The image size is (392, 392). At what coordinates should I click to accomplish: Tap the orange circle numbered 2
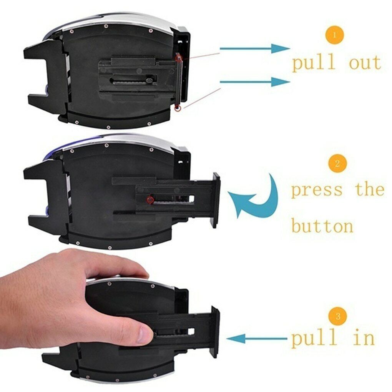coord(337,163)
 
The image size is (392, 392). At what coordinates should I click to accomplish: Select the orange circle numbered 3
coord(338,316)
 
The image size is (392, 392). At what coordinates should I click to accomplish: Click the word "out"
coord(365,62)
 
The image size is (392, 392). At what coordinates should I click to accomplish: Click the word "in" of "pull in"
coord(363,338)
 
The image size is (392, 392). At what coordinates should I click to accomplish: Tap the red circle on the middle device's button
coord(150,199)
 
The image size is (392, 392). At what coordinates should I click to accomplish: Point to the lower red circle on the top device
coord(177,109)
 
